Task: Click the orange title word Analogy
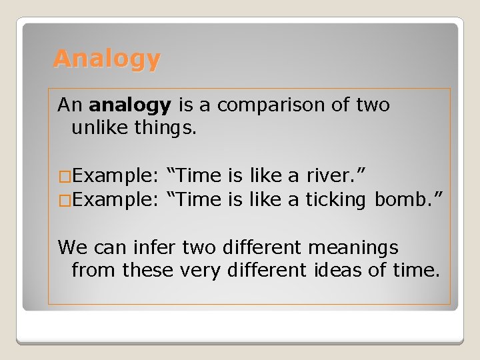tap(107, 59)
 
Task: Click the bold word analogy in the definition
tap(130, 105)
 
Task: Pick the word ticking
tap(336, 199)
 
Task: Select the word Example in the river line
tap(114, 176)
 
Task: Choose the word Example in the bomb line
tap(114, 199)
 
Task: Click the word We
tap(71, 247)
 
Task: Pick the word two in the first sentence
tap(372, 105)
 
